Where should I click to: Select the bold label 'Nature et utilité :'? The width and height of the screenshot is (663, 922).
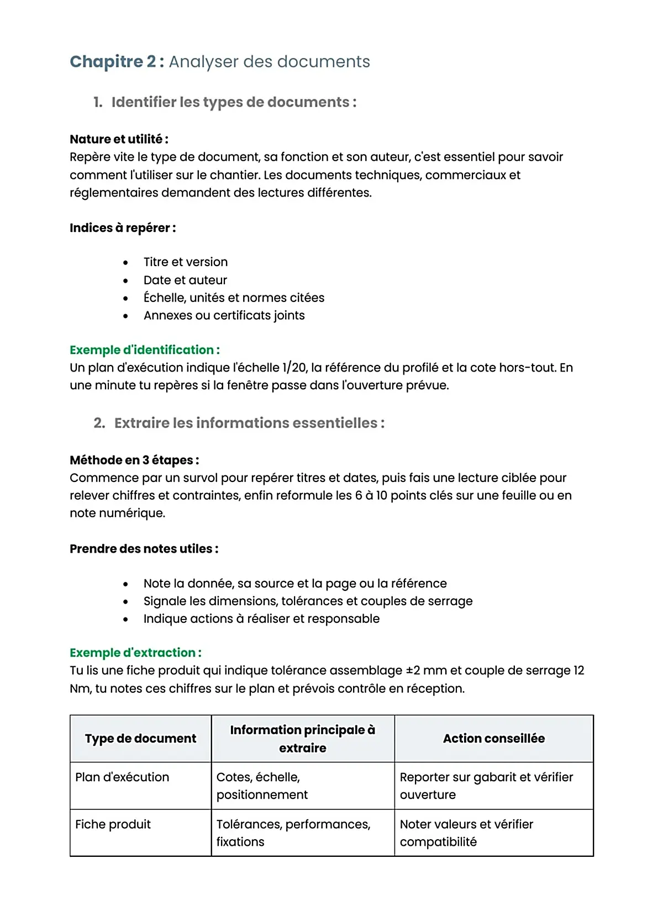119,139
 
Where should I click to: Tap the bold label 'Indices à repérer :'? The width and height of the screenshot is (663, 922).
123,228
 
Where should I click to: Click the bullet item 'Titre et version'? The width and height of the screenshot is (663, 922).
185,262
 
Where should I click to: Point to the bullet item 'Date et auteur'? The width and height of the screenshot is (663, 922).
185,280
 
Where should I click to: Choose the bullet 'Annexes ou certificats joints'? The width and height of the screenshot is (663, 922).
224,315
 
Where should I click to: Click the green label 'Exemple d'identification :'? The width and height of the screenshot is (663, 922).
145,350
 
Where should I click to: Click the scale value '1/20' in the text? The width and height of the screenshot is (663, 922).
294,368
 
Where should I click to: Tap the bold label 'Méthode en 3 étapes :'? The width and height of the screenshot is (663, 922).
134,460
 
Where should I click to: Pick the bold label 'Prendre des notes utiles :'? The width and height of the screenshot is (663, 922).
144,549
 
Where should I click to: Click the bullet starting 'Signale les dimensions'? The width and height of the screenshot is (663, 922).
308,601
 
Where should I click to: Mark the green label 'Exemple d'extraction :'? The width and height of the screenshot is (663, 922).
135,653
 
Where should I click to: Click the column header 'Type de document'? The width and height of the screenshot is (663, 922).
140,739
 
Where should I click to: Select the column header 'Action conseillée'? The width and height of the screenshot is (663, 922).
493,739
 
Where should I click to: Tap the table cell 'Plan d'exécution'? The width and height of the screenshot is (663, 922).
122,777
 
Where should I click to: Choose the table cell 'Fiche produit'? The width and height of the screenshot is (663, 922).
113,824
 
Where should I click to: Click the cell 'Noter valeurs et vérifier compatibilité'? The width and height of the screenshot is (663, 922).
466,833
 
